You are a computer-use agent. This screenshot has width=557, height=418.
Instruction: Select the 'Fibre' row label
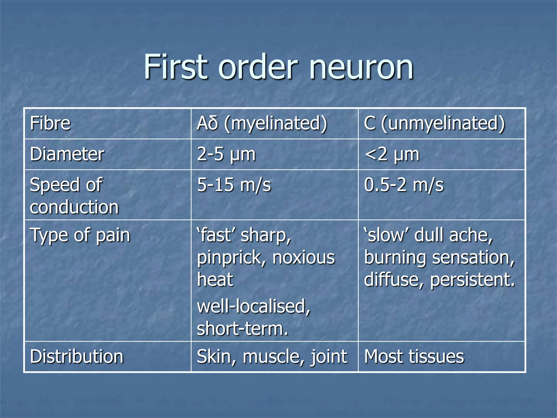point(50,123)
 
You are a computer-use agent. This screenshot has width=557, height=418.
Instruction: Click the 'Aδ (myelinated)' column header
point(262,123)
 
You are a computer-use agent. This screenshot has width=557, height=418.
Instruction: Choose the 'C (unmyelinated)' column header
point(434,123)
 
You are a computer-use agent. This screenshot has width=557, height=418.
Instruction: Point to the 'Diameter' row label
point(67,154)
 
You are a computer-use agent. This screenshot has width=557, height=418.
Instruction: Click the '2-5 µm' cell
point(226,154)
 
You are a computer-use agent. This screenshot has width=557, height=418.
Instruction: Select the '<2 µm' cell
point(392,154)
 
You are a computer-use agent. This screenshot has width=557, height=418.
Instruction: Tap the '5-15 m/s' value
point(234,185)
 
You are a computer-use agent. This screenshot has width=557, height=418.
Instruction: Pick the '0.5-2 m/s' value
point(404,185)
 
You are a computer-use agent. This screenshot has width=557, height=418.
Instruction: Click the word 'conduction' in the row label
point(74,207)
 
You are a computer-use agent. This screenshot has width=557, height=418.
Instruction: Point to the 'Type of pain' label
point(80,235)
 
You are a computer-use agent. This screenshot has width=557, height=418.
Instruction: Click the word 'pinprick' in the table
point(231,257)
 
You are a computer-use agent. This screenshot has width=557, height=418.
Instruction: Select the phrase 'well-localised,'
point(253,306)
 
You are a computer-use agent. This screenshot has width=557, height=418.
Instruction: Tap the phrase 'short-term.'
point(242,329)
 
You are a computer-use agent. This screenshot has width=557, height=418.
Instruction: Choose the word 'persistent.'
point(472,280)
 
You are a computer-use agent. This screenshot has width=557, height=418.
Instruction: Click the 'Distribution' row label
point(77,356)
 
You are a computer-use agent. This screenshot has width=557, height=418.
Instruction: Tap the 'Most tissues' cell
point(414,356)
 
